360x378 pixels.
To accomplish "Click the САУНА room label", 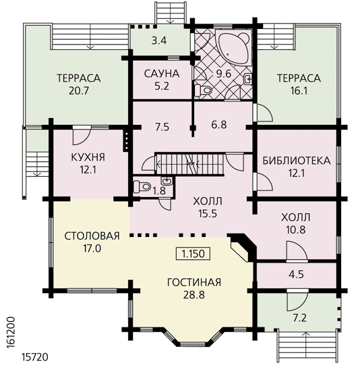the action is pos(162,74).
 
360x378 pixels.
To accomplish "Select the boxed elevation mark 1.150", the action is pos(193,254).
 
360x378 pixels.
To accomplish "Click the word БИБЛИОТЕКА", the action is pos(297,161).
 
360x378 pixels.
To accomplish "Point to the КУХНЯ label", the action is pos(88,157).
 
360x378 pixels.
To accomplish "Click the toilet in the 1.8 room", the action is pos(142,186).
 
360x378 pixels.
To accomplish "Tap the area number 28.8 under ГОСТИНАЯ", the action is pos(194,294).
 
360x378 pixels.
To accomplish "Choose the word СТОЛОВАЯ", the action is pos(92,236).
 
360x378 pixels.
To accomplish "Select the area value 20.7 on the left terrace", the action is pos(79,91).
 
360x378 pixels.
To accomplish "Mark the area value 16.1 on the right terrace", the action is pos(299,91).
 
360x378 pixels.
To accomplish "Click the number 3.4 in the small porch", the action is pos(159,40).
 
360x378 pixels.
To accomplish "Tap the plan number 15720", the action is pos(35,357).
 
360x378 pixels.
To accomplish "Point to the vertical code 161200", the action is pos(11,332).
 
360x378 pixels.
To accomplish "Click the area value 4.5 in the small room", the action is pos(296,274).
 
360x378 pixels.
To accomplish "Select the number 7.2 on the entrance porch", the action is pos(299,318).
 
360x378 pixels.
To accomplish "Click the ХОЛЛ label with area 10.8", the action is pos(296,217).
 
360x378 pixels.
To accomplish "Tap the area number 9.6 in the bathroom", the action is pos(224,74).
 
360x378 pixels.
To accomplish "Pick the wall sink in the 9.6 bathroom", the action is pos(248,79).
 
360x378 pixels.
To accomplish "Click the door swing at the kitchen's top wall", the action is pos(82,136).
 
